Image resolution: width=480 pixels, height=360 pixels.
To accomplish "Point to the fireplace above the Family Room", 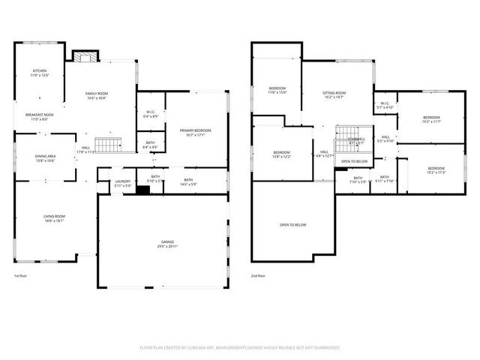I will click(x=82, y=55).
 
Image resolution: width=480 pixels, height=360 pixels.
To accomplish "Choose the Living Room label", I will click(x=53, y=218).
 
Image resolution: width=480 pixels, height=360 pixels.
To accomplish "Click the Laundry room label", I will click(x=122, y=183).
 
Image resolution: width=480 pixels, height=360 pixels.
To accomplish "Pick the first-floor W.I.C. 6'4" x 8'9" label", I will click(x=150, y=114).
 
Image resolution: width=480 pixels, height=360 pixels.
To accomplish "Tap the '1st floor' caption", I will click(x=21, y=276).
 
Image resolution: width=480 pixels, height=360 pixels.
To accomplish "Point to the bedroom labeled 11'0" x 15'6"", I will click(x=277, y=91).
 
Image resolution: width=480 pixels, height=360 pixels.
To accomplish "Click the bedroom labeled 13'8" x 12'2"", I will click(x=281, y=154).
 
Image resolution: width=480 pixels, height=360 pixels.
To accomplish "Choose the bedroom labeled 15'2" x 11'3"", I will click(x=436, y=170).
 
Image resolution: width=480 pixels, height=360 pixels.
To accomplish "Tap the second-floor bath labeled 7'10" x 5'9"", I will click(x=358, y=179).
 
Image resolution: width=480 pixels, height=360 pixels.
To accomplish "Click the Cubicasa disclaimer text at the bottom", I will click(x=240, y=347).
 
